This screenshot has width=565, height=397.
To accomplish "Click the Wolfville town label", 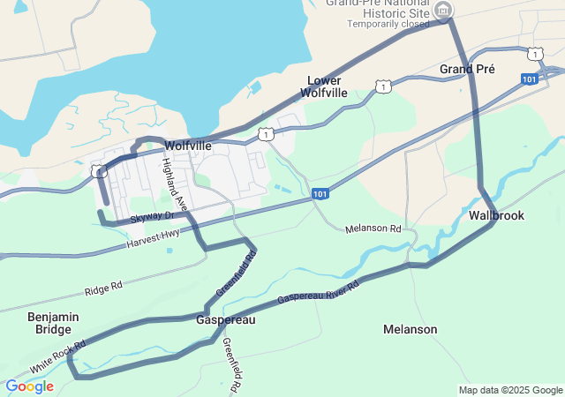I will coord(188,145).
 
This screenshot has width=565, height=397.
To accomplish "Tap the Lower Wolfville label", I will coord(320,86).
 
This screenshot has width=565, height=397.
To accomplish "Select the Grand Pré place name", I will coord(467,69).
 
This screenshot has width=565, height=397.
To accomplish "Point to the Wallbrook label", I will coord(496,215).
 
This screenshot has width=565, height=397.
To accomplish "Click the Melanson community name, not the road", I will coord(410,329).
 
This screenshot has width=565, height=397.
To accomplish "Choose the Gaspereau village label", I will coord(225,319).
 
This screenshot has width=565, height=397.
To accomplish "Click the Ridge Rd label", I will coord(103,288).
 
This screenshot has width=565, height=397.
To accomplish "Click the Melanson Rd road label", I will coord(373,229).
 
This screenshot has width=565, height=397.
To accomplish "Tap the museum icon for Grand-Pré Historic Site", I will coord(444,10).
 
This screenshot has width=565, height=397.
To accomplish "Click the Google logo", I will coord(29,386).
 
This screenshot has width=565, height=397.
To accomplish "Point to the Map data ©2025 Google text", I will coord(510,390).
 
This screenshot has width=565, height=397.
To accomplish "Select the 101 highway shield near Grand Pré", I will coord(529,79).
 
